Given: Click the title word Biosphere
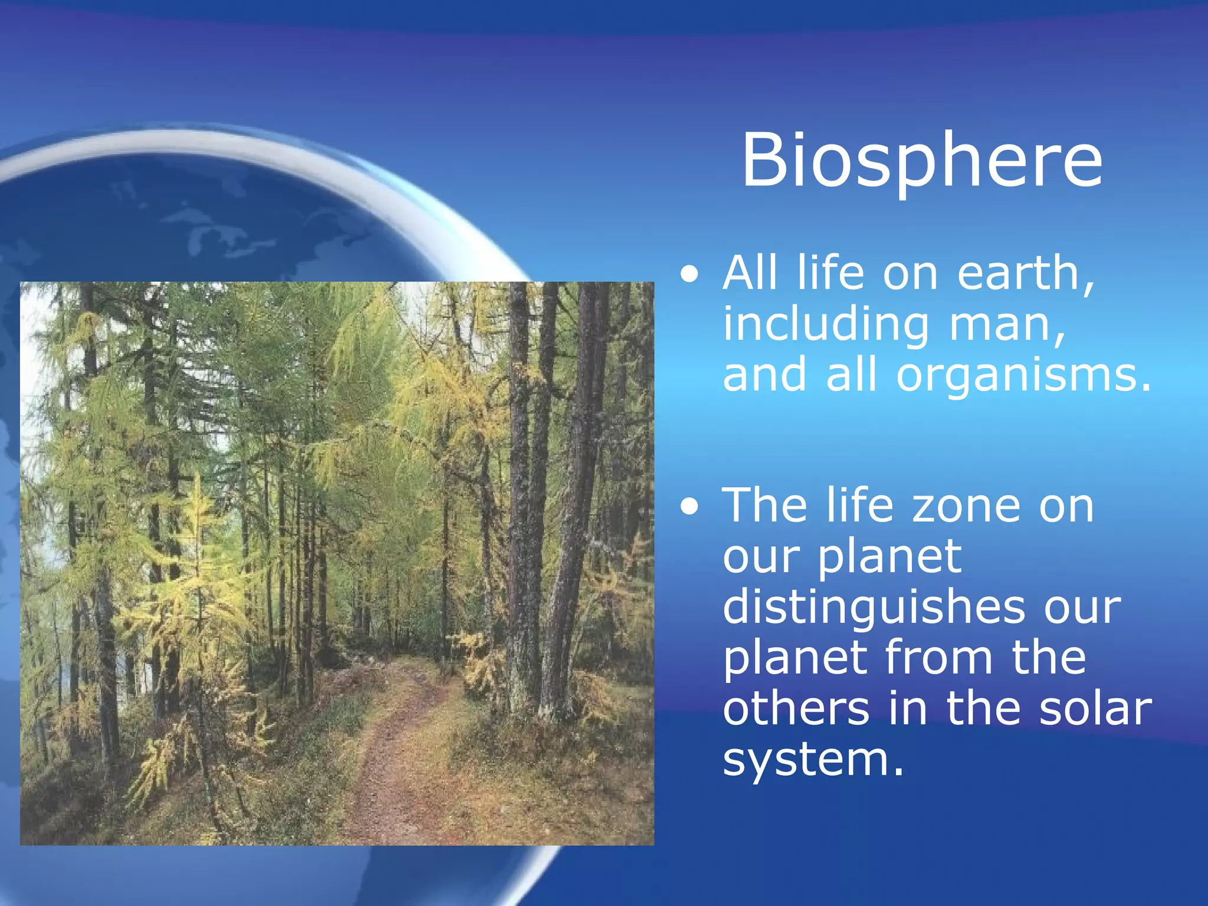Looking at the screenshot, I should (921, 160).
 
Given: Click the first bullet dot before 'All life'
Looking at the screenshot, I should (689, 275).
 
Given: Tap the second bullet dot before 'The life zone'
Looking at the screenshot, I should (689, 507).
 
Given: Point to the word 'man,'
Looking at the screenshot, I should (1007, 326).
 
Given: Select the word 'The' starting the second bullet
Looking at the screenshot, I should (765, 505).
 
